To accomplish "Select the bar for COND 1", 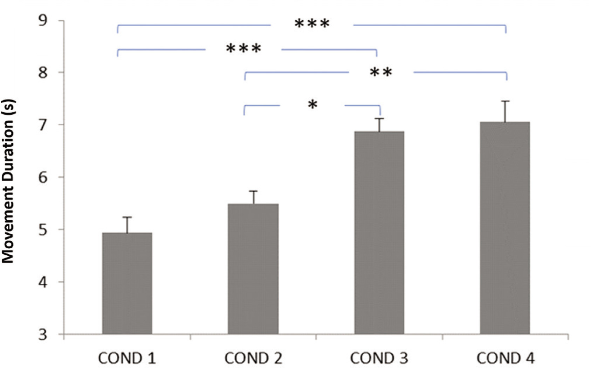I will [x=127, y=283].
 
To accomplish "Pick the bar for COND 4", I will [x=505, y=228].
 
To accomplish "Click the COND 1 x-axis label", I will [x=127, y=358].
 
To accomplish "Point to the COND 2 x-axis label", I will [x=253, y=358].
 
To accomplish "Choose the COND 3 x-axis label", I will [x=379, y=358].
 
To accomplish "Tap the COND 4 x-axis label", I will [x=505, y=358].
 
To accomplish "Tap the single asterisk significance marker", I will [x=312, y=105].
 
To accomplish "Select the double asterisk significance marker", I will [x=381, y=73].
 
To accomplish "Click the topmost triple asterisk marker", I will [x=312, y=24].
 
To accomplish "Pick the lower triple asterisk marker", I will [x=243, y=49].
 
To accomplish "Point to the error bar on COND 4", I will [x=505, y=111].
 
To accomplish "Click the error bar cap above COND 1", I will [x=127, y=217].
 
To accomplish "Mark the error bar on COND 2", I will [x=253, y=197].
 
